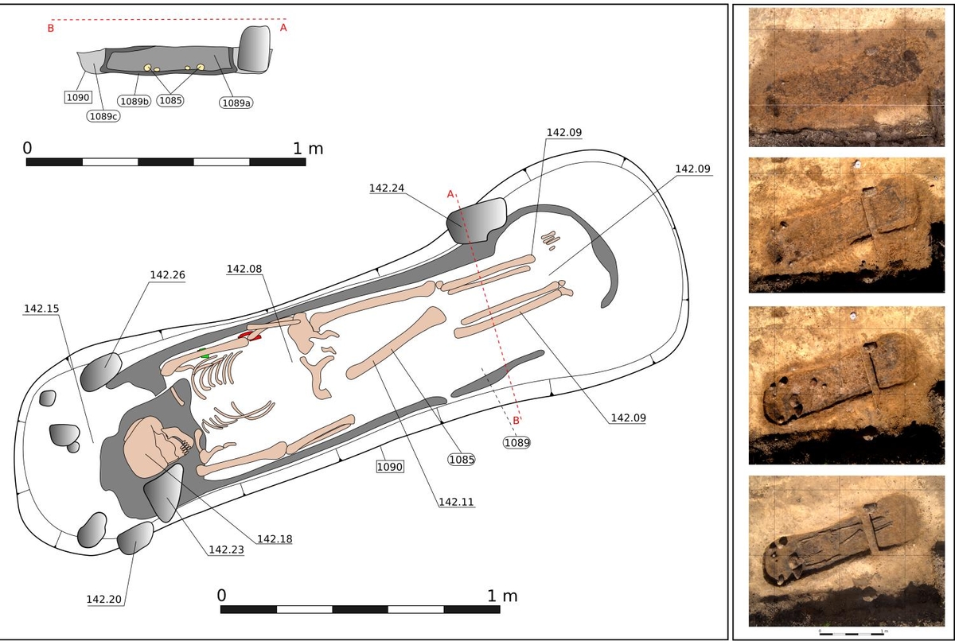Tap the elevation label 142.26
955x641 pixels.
(167, 275)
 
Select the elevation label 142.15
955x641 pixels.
(41, 309)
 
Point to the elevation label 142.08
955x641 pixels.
(244, 269)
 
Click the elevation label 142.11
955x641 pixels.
(454, 502)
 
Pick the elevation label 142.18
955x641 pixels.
(275, 538)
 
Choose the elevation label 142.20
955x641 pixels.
(104, 599)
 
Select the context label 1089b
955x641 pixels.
(134, 101)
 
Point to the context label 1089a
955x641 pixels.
(236, 102)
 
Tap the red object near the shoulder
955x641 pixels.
(249, 337)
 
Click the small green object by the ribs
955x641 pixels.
(204, 353)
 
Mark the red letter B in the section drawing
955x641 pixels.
(50, 29)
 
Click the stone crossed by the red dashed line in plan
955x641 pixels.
(476, 220)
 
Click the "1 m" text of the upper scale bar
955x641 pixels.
(308, 148)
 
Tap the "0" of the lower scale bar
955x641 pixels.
(222, 596)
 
